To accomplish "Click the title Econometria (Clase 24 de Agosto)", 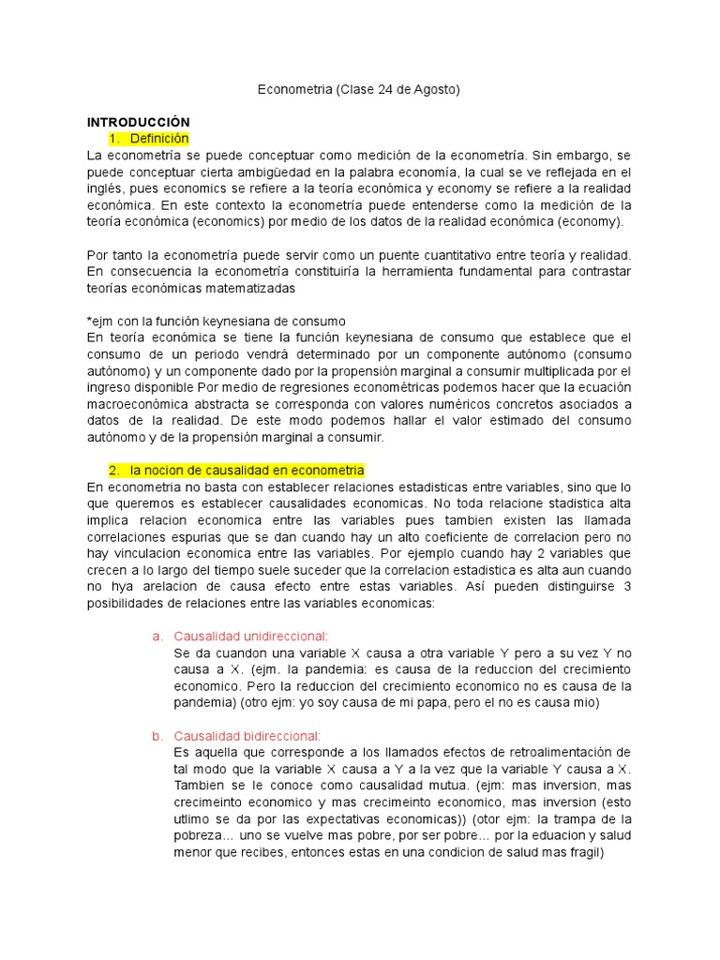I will click(x=359, y=90).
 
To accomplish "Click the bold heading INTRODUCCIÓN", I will click(x=138, y=123).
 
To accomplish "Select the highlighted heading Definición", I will click(x=159, y=139).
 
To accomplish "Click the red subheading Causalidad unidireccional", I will click(x=251, y=637).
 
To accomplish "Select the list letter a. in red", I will click(x=157, y=637).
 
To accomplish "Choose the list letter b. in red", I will click(x=157, y=736).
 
